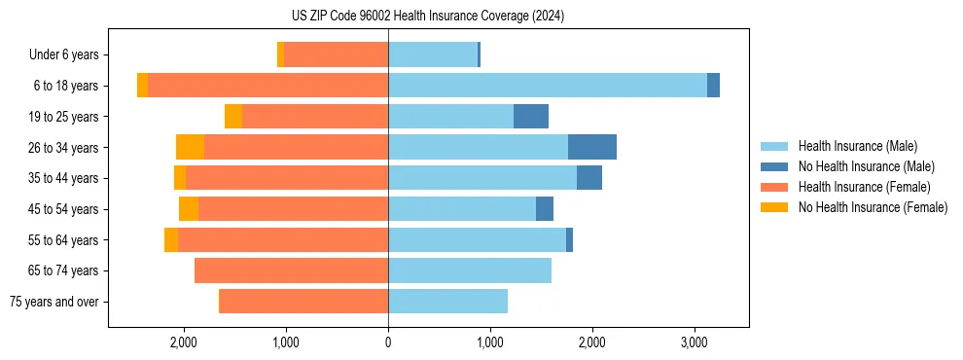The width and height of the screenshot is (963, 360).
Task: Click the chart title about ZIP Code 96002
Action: pos(427,17)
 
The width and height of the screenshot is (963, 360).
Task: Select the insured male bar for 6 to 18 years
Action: pos(547,86)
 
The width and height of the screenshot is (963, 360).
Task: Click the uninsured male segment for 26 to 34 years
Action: pos(591,147)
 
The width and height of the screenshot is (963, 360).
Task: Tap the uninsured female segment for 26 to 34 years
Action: pos(190,147)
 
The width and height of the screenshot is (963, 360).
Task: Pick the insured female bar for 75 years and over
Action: pos(303,302)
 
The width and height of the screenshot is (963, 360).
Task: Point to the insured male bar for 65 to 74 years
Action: pos(469,270)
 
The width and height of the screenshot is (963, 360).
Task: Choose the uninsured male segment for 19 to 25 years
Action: pos(530,117)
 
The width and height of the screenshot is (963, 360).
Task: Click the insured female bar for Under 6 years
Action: pos(336,54)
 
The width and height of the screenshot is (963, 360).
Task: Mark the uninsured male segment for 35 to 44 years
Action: pos(588,178)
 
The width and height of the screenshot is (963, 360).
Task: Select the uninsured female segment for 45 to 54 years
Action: pos(189,209)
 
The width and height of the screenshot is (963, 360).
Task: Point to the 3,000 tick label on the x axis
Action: pos(693,342)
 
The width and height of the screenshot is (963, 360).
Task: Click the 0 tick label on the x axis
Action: pos(388,342)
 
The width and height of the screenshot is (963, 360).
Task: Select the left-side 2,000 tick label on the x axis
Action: pos(184,342)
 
